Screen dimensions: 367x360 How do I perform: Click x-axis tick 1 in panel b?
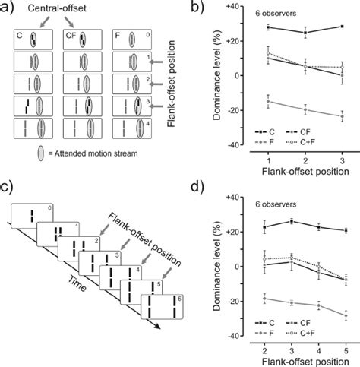270,163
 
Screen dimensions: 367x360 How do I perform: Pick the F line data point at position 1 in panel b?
270,101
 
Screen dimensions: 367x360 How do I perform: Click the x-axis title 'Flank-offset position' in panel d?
304,359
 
